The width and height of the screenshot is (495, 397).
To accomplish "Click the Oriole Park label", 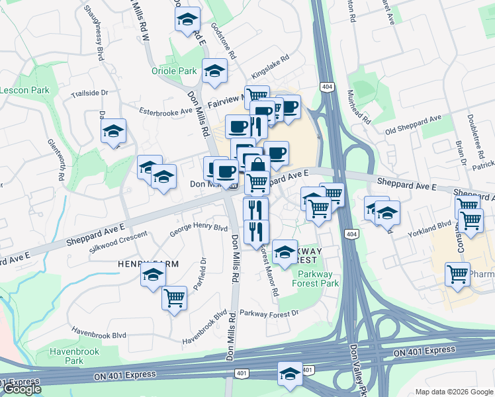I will point(174,71).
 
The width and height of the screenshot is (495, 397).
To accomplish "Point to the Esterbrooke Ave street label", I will point(165,112).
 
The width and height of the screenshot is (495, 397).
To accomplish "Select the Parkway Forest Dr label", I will point(269,312).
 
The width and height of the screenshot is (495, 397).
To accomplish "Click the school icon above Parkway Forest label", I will point(285,251).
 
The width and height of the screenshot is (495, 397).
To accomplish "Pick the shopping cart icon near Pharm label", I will point(457,274).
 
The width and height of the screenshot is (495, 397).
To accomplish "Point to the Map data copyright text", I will point(454,392).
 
